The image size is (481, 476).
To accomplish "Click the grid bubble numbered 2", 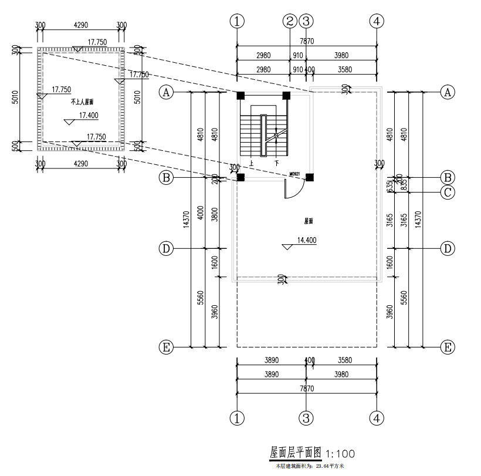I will click(290, 21).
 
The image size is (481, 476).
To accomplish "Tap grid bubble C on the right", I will click(448, 192).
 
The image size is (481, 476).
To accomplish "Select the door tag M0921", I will click(295, 174).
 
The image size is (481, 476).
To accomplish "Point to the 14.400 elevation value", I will click(307, 240).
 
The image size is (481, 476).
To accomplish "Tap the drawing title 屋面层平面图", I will click(296, 453).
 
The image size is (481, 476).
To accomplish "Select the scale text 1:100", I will click(340, 454).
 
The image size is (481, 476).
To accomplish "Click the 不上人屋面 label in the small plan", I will click(82, 102).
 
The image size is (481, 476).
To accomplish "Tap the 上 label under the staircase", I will click(251, 163).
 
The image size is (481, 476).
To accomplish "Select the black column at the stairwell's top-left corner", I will click(240, 95).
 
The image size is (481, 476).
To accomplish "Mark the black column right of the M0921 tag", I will click(310, 177).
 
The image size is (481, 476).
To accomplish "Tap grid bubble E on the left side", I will click(166, 347).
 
